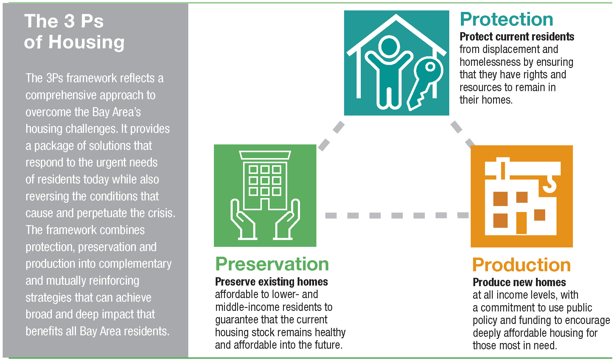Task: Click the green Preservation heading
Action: click(272, 264)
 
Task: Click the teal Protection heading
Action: click(506, 20)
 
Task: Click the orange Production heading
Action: click(521, 265)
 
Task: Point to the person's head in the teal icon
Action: click(389, 47)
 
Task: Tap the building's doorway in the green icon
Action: click(265, 204)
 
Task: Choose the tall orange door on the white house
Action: click(521, 222)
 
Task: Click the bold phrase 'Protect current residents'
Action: click(517, 37)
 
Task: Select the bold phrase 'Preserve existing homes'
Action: click(271, 282)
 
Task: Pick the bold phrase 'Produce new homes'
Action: click(519, 282)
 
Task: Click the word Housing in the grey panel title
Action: click(86, 42)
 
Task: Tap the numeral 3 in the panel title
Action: click(69, 21)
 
